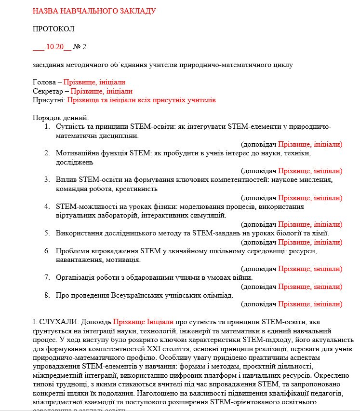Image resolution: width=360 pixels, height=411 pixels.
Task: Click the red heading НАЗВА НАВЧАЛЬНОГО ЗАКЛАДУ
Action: point(94,11)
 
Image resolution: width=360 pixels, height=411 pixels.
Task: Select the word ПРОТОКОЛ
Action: point(53,29)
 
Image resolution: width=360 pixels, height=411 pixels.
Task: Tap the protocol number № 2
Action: point(80,47)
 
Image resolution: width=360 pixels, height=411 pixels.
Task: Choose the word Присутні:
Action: point(48,100)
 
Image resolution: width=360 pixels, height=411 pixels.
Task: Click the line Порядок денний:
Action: point(60,118)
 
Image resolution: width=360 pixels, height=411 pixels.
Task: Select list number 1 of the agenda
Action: point(47,126)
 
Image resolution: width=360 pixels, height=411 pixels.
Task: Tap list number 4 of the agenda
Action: point(47,206)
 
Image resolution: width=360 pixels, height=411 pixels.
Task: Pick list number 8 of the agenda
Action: point(47,295)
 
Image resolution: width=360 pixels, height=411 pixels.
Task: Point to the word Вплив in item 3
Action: point(67,180)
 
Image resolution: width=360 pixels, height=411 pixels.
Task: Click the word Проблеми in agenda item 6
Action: point(72,251)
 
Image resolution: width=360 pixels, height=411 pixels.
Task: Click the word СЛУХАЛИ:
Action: point(59,322)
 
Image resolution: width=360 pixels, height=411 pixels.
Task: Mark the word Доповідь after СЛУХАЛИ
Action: point(96,322)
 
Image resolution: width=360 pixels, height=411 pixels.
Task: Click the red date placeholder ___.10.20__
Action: point(52,47)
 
